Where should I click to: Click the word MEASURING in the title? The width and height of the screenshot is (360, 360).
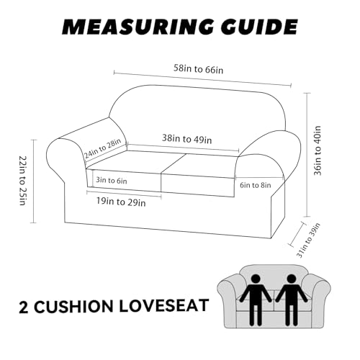(x=138, y=27)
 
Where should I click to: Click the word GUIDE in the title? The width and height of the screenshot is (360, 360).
(x=259, y=27)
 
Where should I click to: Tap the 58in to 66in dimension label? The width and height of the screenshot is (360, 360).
(x=199, y=69)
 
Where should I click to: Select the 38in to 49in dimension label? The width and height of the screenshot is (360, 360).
(x=187, y=139)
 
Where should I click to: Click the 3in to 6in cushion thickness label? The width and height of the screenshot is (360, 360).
(x=112, y=180)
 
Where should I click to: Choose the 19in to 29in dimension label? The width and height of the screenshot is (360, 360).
(x=121, y=202)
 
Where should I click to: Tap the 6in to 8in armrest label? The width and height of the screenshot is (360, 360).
(x=256, y=185)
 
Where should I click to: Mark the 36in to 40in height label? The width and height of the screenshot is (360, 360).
(x=318, y=150)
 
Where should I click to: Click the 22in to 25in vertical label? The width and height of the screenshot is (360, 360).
(x=22, y=181)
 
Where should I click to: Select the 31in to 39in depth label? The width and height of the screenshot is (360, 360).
(x=308, y=240)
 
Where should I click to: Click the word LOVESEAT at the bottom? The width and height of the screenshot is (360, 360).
(x=164, y=306)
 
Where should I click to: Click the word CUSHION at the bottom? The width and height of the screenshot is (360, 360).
(x=73, y=306)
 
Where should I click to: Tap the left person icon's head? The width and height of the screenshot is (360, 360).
(x=256, y=279)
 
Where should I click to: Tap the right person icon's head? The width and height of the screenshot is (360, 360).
(x=292, y=279)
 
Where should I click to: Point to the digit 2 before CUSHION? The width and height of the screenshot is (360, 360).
(x=24, y=307)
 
